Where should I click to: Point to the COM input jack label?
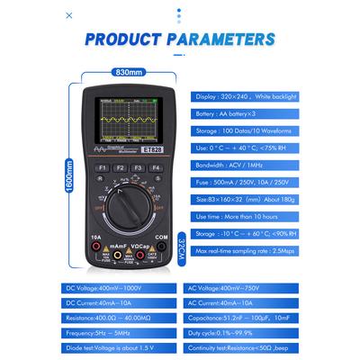point(163,238)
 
